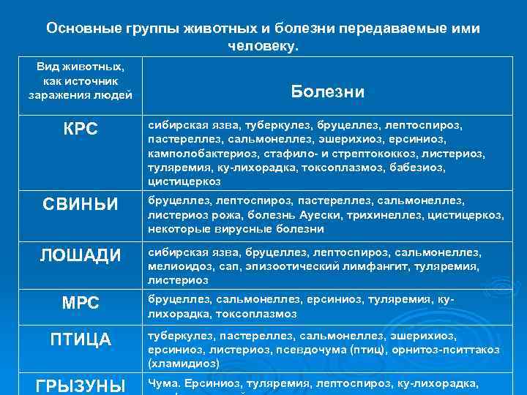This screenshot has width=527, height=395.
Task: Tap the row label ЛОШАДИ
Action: (81, 255)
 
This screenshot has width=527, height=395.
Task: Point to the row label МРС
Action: (81, 301)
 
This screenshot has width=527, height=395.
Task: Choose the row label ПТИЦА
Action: (81, 340)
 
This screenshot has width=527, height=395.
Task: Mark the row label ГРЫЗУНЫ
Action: (81, 385)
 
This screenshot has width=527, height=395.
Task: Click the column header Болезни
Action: (327, 91)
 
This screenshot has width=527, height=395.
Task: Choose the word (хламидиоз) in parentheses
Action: (183, 363)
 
